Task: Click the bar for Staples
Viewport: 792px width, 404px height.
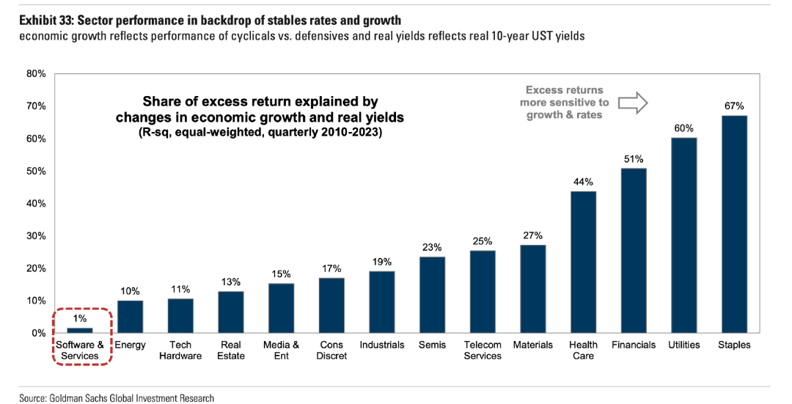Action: pos(734,224)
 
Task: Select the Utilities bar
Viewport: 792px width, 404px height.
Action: pos(684,235)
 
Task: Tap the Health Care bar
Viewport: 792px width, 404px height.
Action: pos(583,262)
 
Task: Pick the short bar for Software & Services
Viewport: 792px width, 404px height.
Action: pos(81,331)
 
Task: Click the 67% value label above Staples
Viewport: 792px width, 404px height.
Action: pos(734,106)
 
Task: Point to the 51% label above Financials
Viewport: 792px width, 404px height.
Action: pos(634,158)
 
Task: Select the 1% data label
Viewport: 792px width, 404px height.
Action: pos(81,319)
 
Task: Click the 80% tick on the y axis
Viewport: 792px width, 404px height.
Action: pos(36,74)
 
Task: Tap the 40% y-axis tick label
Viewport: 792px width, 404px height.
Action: pos(36,203)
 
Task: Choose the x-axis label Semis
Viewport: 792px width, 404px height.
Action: pos(432,345)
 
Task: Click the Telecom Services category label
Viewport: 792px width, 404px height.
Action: pos(483,350)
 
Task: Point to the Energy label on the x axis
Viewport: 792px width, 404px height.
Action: pos(131,345)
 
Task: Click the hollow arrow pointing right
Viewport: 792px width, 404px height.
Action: pos(633,103)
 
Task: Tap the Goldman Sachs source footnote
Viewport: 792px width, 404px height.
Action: pos(117,398)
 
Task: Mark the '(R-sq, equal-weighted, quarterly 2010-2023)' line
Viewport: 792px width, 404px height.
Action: pos(260,133)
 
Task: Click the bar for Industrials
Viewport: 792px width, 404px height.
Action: pos(382,302)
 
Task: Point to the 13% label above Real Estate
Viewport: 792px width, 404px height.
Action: pos(231,282)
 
